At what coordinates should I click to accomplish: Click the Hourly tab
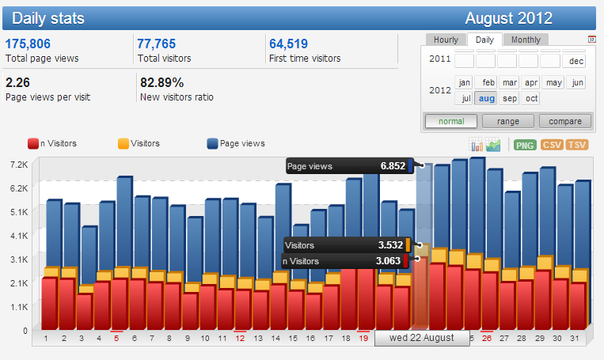(x=446, y=40)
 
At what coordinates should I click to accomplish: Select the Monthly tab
(x=526, y=40)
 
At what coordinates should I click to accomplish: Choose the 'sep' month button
(x=509, y=98)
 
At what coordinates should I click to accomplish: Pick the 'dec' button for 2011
(x=576, y=61)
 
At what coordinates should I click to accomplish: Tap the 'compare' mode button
(x=565, y=121)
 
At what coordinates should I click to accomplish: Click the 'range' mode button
(x=508, y=121)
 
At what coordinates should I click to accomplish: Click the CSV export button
(x=552, y=145)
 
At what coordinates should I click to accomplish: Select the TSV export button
(x=577, y=145)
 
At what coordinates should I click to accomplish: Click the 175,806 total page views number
(x=28, y=44)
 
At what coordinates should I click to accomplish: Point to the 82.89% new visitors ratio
(x=161, y=83)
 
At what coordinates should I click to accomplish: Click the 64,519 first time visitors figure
(x=288, y=44)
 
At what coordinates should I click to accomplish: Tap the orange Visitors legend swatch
(x=123, y=144)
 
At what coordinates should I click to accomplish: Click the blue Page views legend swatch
(x=212, y=144)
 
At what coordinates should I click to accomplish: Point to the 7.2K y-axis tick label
(x=19, y=165)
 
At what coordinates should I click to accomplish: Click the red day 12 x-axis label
(x=240, y=338)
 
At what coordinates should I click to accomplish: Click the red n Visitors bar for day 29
(x=543, y=301)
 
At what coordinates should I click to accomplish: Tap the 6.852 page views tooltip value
(x=393, y=166)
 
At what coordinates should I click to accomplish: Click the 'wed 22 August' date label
(x=422, y=338)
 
